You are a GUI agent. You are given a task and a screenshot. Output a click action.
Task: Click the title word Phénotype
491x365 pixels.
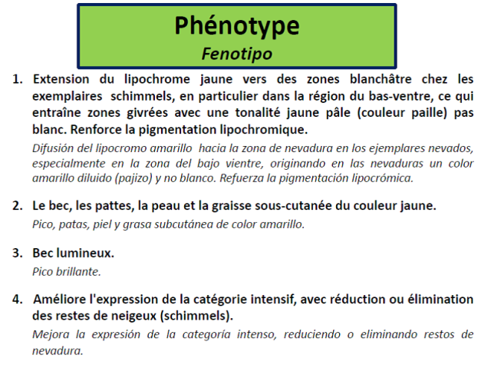click(x=236, y=25)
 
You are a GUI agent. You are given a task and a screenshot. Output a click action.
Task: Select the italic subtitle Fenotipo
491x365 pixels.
click(x=236, y=54)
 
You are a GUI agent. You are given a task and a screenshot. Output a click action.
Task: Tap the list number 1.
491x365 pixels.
click(x=16, y=79)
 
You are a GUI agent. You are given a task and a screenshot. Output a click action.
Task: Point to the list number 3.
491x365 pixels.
click(x=16, y=252)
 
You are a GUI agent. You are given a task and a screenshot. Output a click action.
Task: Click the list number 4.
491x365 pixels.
click(x=16, y=298)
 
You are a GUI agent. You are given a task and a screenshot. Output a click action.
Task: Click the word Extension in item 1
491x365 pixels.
click(x=61, y=79)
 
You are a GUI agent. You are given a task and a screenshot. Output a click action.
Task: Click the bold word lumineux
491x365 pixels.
click(x=88, y=252)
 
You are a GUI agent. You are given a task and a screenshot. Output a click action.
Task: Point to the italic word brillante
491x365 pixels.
click(x=79, y=270)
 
